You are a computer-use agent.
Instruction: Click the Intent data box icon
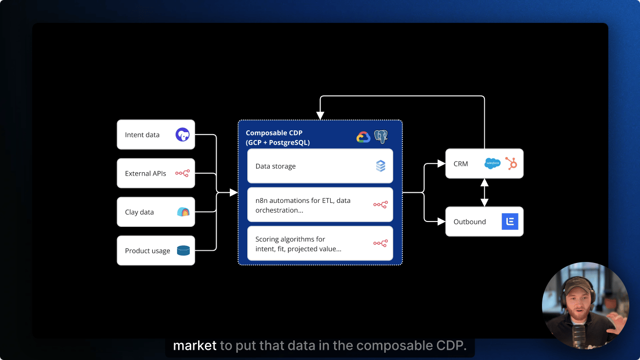point(182,135)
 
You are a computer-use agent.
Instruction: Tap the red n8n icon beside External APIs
point(182,173)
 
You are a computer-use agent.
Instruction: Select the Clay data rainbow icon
point(183,212)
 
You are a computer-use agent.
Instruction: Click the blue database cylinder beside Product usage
point(183,251)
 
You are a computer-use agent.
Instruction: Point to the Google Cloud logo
point(363,137)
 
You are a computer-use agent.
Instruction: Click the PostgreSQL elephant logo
point(381,137)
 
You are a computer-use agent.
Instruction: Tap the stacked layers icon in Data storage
point(380,166)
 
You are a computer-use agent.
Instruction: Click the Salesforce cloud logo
point(492,163)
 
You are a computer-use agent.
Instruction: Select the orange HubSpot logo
point(511,163)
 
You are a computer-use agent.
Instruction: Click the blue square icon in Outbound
point(510,221)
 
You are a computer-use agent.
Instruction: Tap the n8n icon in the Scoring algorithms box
point(380,243)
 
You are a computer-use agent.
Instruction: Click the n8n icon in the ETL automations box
point(380,204)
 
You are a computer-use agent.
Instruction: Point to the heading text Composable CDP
point(274,133)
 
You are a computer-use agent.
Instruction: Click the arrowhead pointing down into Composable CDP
point(320,116)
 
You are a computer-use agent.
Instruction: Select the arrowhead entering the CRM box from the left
point(441,164)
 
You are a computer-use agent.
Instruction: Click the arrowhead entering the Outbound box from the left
point(441,221)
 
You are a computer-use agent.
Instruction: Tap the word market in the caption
point(195,346)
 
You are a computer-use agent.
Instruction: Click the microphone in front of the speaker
point(579,334)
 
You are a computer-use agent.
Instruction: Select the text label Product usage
point(147,251)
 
